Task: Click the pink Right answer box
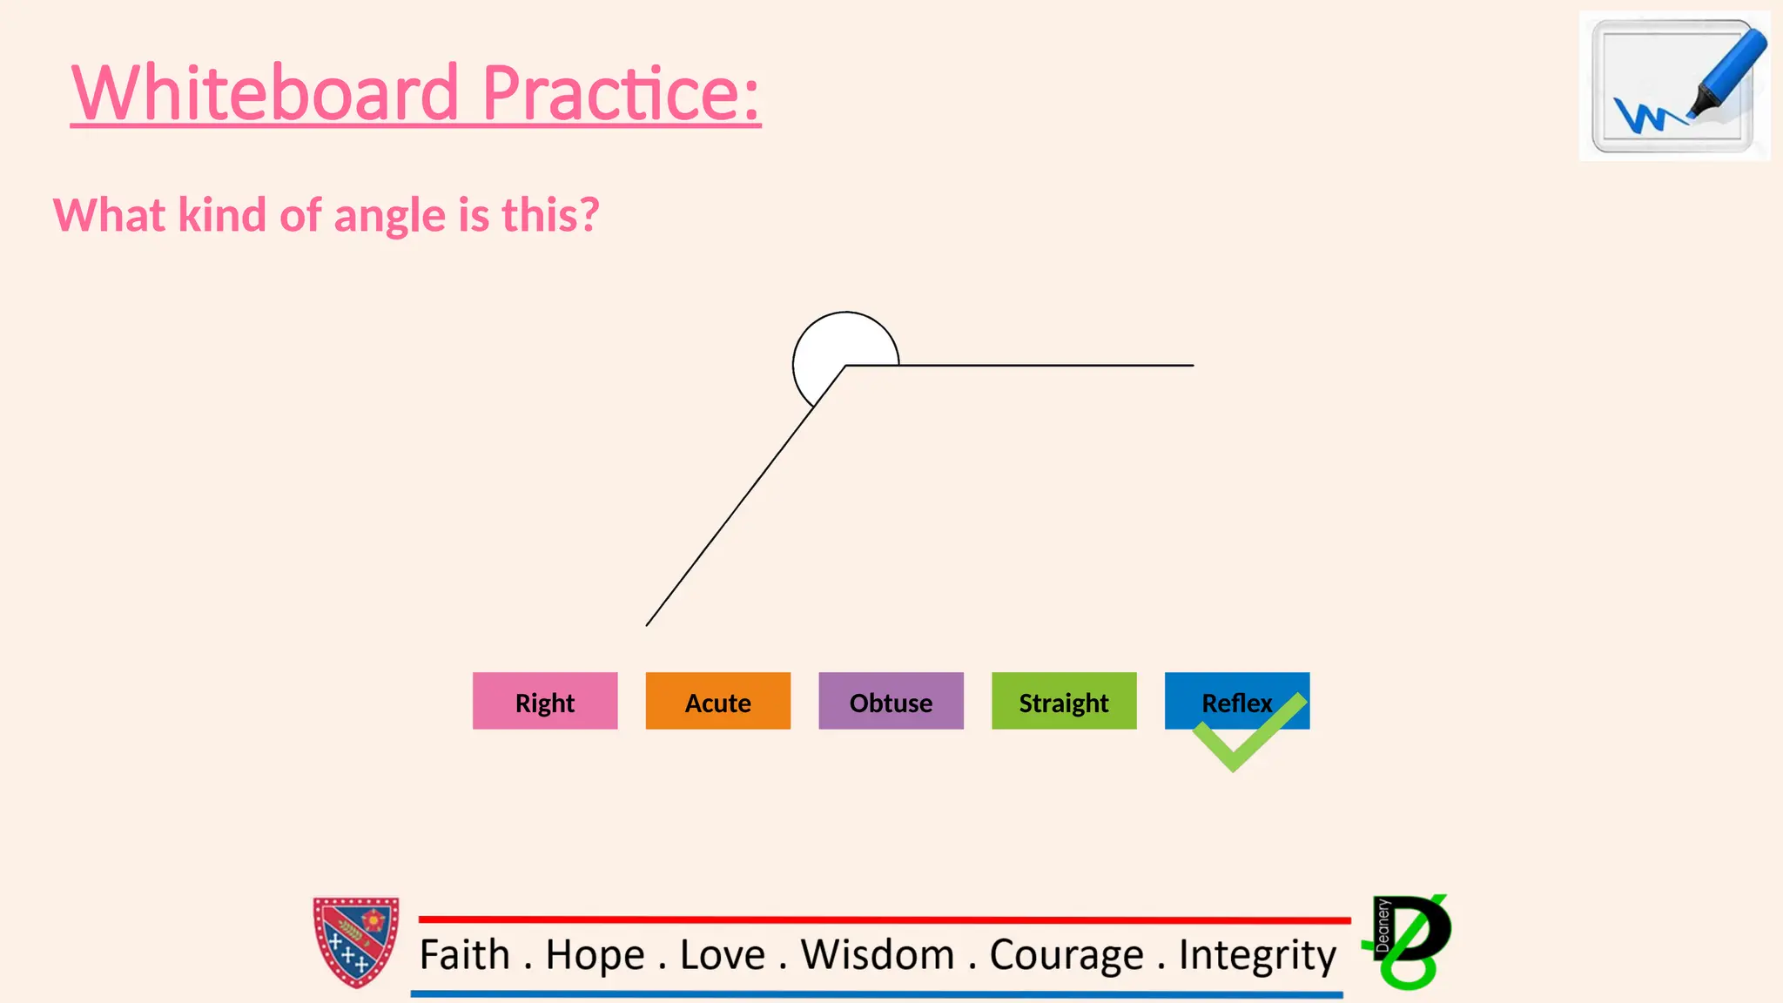click(545, 701)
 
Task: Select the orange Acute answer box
click(717, 701)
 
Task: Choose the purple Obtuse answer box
click(891, 701)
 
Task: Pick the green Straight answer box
click(1064, 701)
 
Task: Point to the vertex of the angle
click(845, 366)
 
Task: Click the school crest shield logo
click(356, 942)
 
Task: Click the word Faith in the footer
click(464, 955)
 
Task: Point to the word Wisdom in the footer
click(878, 955)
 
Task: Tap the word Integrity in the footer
click(1257, 955)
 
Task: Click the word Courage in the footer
click(1066, 955)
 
